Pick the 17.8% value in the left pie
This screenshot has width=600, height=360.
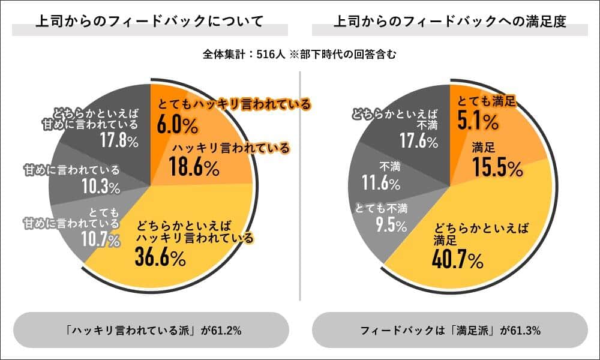point(118,142)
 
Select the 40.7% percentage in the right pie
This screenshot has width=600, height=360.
point(458,261)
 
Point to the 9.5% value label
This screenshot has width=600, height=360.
point(388,225)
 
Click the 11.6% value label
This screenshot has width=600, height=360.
point(384,181)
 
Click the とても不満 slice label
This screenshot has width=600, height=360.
point(382,209)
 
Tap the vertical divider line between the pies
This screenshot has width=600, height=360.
point(300,180)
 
